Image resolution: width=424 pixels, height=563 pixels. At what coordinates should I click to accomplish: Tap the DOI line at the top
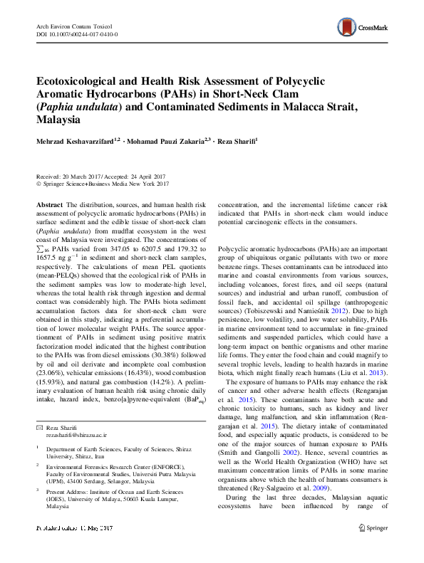(77, 34)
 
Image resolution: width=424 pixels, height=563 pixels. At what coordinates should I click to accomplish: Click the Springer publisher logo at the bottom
(373, 528)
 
